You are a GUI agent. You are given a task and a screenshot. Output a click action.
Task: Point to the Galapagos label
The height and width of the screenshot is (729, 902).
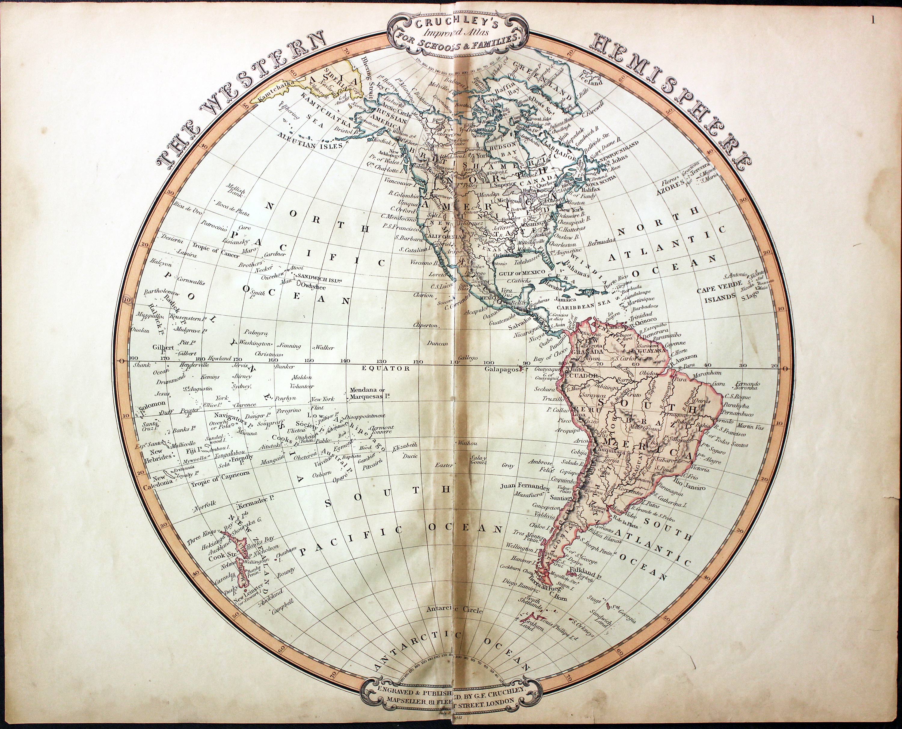pos(502,369)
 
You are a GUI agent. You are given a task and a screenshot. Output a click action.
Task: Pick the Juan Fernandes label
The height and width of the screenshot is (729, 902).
pos(525,486)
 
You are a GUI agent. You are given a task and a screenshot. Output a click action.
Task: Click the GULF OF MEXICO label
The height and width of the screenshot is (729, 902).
pos(519,273)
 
